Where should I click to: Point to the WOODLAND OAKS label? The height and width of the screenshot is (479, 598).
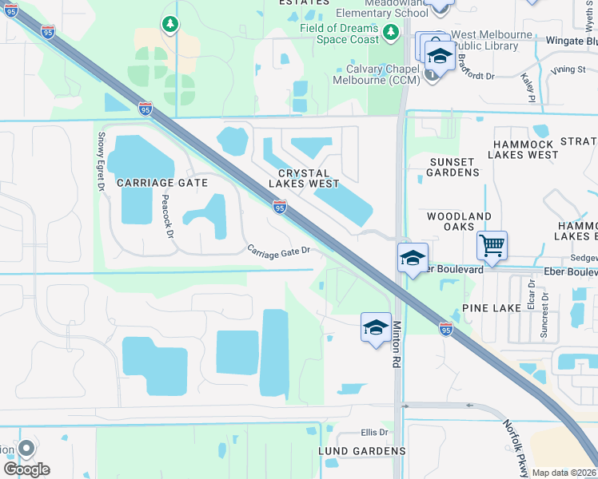(x=459, y=222)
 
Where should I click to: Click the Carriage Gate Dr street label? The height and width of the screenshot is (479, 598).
(x=277, y=251)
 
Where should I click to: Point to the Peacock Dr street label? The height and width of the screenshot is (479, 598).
(x=167, y=216)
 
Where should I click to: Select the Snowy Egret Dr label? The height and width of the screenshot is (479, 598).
(x=102, y=162)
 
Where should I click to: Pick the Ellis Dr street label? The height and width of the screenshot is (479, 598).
(x=373, y=433)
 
